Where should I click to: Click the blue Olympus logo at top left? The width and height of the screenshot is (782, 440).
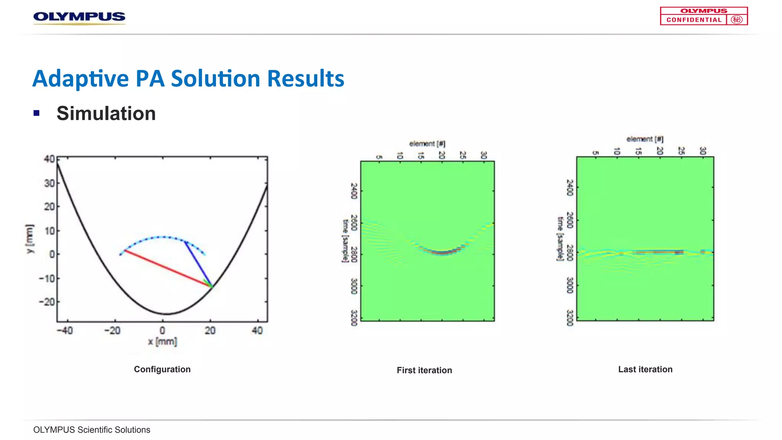point(79,17)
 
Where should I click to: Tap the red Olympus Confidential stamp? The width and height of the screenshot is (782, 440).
point(703,16)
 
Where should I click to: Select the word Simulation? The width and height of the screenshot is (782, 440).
point(106,113)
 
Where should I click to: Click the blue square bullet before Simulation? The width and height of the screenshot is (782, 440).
point(37,113)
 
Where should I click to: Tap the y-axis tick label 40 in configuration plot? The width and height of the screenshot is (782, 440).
point(49,159)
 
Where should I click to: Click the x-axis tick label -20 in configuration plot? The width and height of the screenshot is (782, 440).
point(112,330)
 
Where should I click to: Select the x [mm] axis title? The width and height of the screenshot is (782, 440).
point(163,341)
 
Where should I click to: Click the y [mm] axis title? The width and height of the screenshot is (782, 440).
point(30,239)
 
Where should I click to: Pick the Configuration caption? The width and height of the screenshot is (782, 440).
point(162,369)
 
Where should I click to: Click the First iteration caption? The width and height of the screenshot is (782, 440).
point(424,370)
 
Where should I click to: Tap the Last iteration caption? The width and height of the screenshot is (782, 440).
point(645,369)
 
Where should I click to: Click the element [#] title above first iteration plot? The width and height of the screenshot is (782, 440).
point(427,144)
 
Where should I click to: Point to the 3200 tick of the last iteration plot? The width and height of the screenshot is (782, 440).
point(570,318)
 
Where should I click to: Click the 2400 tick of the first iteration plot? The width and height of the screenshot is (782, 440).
point(354,191)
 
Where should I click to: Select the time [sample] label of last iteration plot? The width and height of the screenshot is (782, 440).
point(560,239)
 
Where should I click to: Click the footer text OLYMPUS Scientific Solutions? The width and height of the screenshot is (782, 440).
point(92,430)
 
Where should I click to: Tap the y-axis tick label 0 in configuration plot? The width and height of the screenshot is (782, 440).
point(52,254)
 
